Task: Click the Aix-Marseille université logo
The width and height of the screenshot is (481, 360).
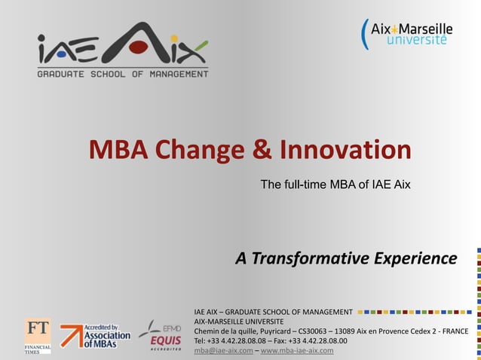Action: click(x=408, y=34)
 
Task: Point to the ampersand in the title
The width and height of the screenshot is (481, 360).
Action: click(x=262, y=150)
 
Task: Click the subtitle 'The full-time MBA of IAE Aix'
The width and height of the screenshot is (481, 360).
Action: click(x=335, y=184)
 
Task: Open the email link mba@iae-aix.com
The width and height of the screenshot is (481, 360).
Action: click(x=222, y=350)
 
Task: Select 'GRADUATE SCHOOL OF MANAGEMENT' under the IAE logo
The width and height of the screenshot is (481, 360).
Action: click(x=123, y=74)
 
